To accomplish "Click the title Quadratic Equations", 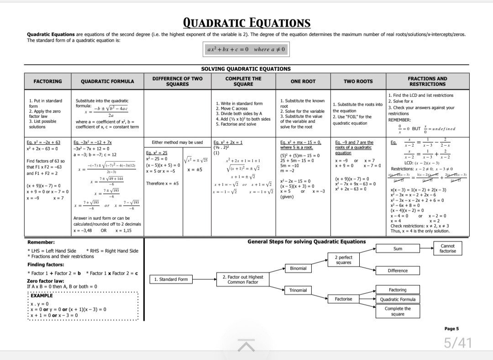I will [246, 23].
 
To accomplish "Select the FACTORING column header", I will [48, 81].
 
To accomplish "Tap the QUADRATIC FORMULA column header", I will [107, 81].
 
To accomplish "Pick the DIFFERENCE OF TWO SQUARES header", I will [178, 81].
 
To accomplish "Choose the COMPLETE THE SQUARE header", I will [243, 81].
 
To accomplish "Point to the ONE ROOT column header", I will [303, 81].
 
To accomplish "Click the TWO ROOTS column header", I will [358, 81].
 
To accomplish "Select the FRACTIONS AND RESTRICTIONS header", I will [427, 81].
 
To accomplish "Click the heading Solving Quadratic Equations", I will [246, 69].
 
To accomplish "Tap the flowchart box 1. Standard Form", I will [171, 279].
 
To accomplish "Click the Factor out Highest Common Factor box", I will [243, 279].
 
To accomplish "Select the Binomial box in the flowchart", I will [298, 268].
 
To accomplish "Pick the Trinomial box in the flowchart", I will [298, 290].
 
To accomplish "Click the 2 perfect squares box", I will [343, 260].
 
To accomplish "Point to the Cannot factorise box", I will [447, 249].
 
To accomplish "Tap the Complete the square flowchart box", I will [397, 311].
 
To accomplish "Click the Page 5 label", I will [451, 328].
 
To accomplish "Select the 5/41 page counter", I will [458, 343].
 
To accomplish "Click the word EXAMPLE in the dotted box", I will [42, 296].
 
